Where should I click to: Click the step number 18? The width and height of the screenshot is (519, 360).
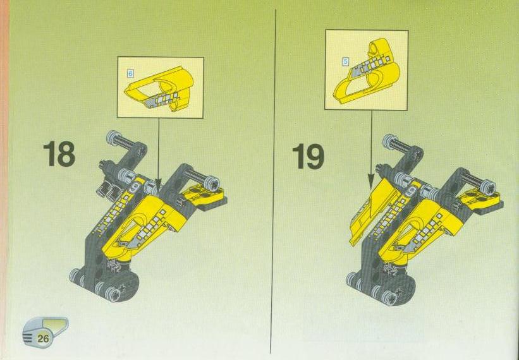click(59, 153)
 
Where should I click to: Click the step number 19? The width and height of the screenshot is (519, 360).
click(308, 157)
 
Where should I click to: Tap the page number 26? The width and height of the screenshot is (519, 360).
click(44, 339)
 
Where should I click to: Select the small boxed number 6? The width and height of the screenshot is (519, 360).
click(130, 73)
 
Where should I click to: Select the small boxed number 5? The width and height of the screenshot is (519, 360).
click(346, 61)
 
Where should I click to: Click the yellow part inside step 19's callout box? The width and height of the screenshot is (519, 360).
click(367, 73)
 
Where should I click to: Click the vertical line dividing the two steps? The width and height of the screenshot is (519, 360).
click(273, 181)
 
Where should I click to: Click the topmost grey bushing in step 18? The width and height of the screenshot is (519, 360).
click(113, 137)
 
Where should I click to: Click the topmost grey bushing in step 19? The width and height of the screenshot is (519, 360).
click(390, 141)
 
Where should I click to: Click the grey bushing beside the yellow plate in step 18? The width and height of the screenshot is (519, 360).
click(213, 183)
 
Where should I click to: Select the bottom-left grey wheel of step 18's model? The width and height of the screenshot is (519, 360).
click(75, 275)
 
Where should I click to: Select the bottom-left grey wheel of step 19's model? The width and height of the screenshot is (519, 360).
click(351, 280)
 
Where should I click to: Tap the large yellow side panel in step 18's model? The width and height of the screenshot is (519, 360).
click(139, 225)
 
